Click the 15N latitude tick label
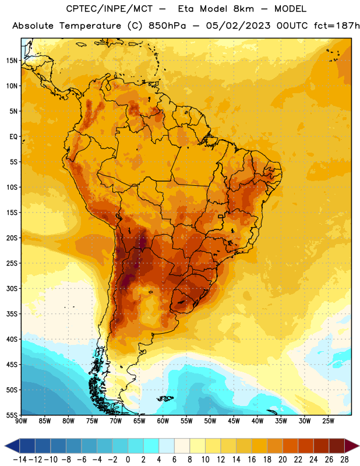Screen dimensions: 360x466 coord(12,61)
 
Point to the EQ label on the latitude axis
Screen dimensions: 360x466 coord(13,137)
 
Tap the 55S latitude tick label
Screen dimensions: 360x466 coord(12,415)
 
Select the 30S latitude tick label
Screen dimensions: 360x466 coord(12,288)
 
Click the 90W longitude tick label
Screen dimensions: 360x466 coord(21,421)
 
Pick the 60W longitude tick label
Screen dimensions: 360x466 coord(163,421)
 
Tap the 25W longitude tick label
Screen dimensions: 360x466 coord(328,421)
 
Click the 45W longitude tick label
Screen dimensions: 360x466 coord(234,421)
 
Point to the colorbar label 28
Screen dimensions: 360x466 coord(344,460)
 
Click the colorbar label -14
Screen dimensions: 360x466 coord(20,460)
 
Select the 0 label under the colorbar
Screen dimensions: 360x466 coord(128,460)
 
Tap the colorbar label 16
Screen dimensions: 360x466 coord(252,460)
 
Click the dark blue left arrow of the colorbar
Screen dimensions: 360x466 coord(12,446)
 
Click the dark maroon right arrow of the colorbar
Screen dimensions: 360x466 coord(352,446)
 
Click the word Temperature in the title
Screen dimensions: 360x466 coord(90,26)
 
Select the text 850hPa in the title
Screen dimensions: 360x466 coord(167,26)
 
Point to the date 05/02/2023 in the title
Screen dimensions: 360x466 coord(238,26)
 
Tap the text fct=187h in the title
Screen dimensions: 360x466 coord(337,26)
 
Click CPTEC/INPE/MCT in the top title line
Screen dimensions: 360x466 coord(110,9)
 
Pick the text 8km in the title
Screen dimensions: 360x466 coord(243,9)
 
